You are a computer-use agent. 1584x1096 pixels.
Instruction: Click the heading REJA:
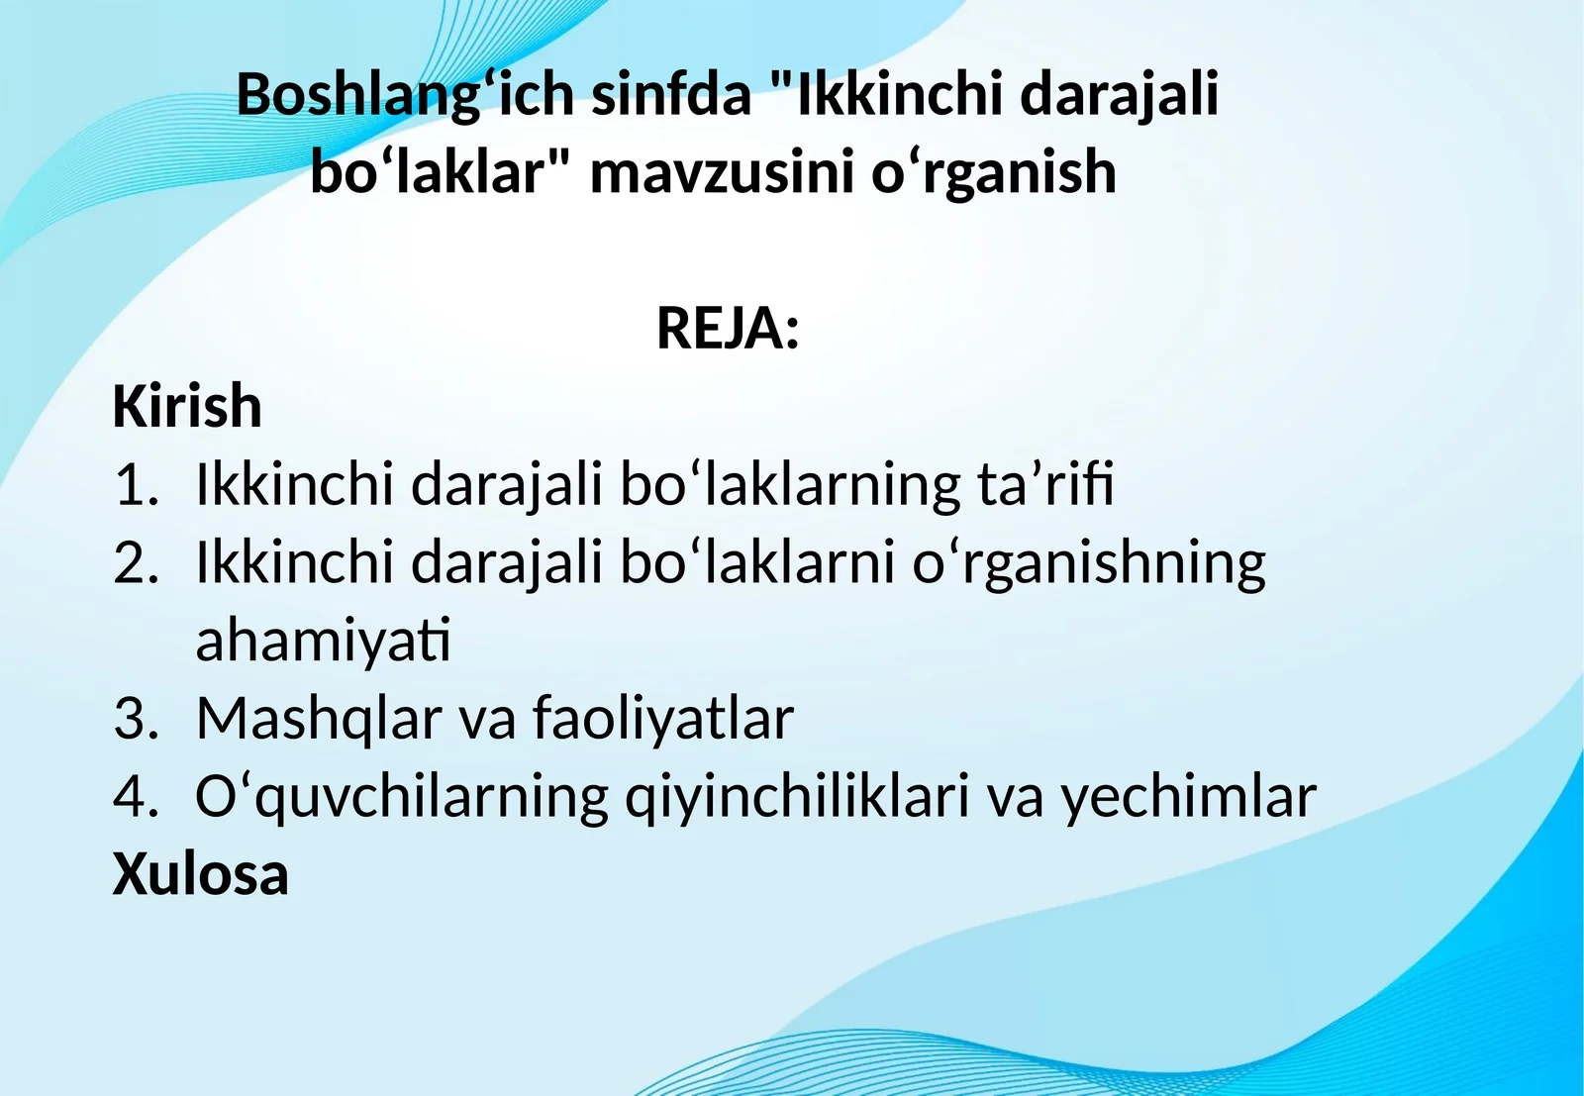click(728, 329)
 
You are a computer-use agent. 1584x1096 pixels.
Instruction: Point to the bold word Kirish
click(187, 406)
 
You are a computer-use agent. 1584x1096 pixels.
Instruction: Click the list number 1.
click(136, 485)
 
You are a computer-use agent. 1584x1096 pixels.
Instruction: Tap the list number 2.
click(136, 562)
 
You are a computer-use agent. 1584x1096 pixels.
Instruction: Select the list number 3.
click(136, 719)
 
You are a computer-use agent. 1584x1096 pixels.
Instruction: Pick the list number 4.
click(136, 796)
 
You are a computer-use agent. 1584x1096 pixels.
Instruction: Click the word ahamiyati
click(323, 641)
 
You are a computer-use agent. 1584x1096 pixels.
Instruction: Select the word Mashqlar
click(318, 719)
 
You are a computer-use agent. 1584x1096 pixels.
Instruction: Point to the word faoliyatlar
click(663, 719)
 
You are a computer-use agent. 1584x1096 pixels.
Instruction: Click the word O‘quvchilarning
click(402, 797)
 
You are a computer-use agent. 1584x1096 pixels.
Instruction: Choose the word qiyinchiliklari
click(797, 797)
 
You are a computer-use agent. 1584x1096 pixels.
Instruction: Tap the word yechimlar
click(1189, 797)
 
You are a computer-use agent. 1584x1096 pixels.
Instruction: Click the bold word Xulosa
click(200, 874)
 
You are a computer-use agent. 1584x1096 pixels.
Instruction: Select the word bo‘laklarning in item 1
click(790, 485)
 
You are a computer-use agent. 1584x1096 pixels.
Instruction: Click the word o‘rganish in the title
click(993, 172)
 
